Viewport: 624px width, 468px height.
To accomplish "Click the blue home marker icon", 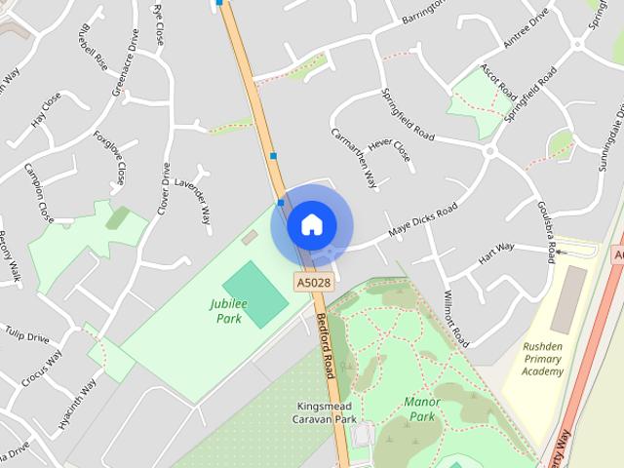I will click(311, 224).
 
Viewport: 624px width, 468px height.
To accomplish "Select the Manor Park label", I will click(421, 409).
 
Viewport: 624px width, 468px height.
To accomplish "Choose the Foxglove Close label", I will click(110, 157).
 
